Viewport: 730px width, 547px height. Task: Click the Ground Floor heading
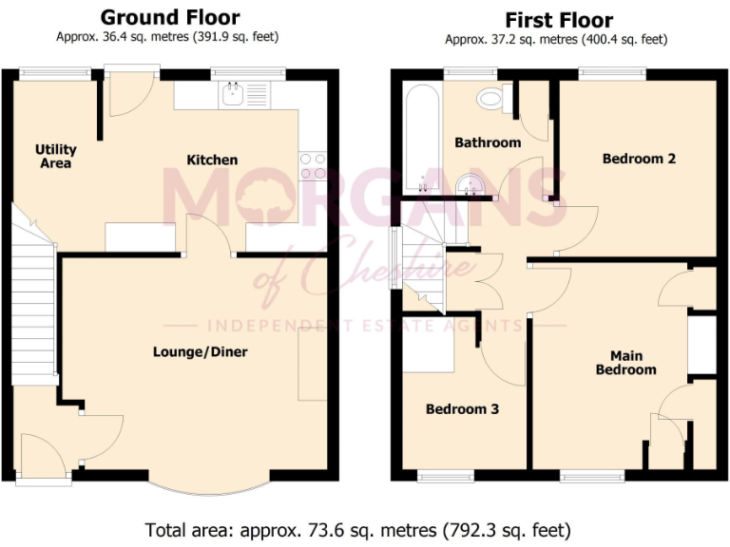tap(170, 17)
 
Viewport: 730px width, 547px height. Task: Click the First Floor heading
tap(558, 20)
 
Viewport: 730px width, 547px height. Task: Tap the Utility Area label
tap(55, 157)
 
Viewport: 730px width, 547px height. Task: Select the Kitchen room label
tap(211, 160)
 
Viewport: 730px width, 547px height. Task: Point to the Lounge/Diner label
tap(200, 352)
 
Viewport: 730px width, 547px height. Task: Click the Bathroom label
tap(487, 142)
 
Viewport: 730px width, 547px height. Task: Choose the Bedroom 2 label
tap(639, 159)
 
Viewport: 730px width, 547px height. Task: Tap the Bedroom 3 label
tap(462, 409)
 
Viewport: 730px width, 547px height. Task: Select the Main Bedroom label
tap(625, 363)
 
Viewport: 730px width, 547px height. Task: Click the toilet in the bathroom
tap(492, 96)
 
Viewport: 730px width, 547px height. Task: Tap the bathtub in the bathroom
tap(418, 138)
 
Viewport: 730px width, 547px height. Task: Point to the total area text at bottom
tap(357, 529)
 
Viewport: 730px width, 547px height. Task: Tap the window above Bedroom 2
tap(612, 71)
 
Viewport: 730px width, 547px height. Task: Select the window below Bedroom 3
tap(446, 474)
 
